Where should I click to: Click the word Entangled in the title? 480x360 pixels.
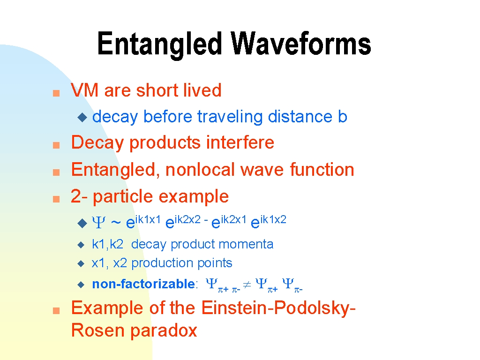point(159,44)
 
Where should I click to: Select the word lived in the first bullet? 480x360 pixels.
point(202,90)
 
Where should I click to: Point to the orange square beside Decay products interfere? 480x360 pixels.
point(56,145)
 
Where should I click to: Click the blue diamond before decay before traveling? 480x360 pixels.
point(82,117)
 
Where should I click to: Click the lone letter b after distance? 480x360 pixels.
point(343,116)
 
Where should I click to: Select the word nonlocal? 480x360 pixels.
point(200,170)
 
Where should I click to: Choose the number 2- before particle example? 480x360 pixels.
point(79,196)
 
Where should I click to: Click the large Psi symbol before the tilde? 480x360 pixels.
point(98,222)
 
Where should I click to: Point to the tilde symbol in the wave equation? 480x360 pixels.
point(115,223)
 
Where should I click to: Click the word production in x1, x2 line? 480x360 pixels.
point(162,263)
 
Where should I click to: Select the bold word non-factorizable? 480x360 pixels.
point(143,284)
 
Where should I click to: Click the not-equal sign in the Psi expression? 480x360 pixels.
point(247,285)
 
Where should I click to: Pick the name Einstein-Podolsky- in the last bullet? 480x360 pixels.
point(278,308)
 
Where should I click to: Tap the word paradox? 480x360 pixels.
point(163,331)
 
